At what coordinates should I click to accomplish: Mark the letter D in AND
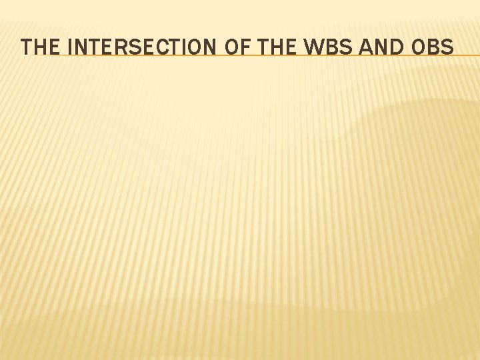[395, 47]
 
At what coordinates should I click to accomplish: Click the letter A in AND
[363, 47]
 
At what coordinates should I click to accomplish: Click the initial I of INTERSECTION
[71, 47]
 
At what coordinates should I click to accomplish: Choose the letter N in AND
[379, 47]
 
